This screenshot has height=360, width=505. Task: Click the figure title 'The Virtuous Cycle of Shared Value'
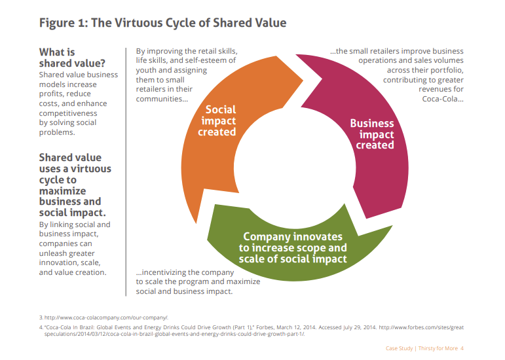[189, 23]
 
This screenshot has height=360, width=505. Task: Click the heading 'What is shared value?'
[72, 58]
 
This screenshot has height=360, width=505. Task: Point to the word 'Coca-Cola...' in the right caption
[443, 99]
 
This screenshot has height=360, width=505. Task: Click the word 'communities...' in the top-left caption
[162, 99]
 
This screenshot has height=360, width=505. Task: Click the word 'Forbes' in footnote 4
[265, 327]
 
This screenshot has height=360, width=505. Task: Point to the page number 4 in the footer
[462, 348]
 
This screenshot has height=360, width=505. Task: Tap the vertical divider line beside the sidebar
[126, 171]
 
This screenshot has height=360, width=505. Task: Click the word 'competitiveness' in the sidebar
[68, 113]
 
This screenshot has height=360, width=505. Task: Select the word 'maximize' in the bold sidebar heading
[62, 190]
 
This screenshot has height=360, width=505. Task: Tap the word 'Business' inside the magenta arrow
[372, 123]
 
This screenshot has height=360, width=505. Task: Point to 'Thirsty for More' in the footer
[438, 348]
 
